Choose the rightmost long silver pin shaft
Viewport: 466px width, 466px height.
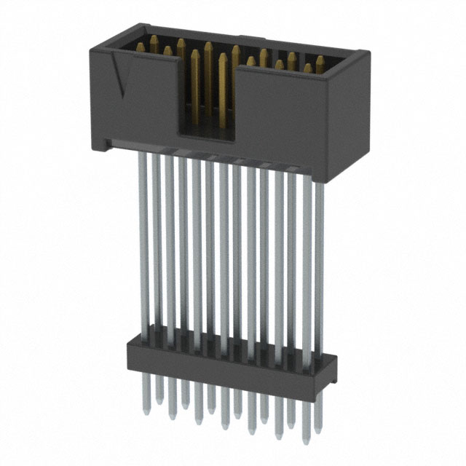[x=317, y=262]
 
